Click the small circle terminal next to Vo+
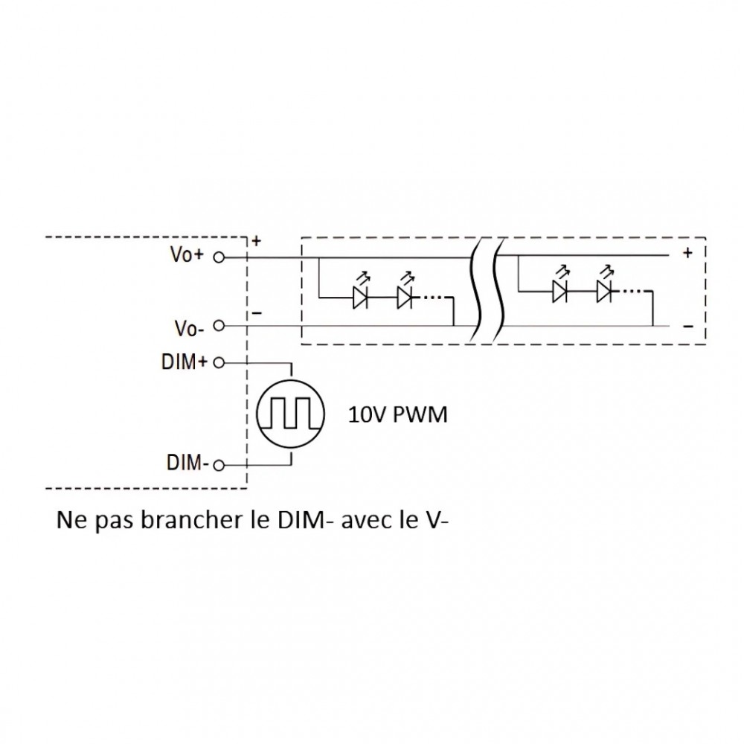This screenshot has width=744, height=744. (x=219, y=257)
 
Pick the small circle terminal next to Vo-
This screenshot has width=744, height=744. (x=219, y=326)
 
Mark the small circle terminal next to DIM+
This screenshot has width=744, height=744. (x=219, y=364)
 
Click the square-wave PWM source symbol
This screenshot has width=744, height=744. (x=289, y=414)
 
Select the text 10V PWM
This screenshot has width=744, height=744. (x=398, y=415)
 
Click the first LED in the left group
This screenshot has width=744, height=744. (x=361, y=298)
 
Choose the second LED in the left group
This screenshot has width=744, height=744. (x=405, y=298)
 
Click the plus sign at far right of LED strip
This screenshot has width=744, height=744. (x=687, y=253)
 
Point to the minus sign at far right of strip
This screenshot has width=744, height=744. (x=687, y=326)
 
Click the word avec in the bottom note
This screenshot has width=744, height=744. (x=366, y=520)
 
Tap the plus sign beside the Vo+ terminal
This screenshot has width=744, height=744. (x=257, y=242)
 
